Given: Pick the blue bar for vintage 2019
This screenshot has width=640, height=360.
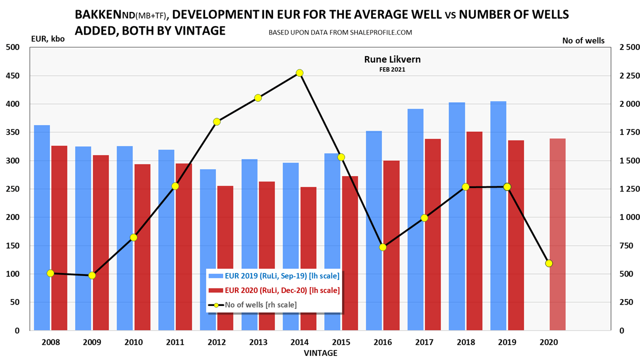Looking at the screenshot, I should pos(498,215).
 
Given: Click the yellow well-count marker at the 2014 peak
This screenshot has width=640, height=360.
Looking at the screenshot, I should pos(299,73).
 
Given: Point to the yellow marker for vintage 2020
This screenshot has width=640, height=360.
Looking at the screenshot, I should pos(549,263).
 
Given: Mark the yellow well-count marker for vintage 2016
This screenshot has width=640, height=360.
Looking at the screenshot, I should pos(383,247).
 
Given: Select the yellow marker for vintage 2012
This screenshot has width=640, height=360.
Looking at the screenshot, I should pos(216,121).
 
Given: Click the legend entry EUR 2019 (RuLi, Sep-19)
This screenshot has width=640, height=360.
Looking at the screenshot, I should pos(274,275).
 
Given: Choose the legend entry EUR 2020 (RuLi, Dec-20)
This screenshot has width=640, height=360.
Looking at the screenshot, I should pos(274,290).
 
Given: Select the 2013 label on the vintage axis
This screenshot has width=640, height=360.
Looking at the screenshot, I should pos(258,342).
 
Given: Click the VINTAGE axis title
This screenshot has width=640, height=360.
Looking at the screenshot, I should pos(320,353).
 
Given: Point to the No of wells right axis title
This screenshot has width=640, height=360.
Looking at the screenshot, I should pos(583,40).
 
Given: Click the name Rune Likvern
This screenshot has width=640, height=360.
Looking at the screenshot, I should pos(392,59).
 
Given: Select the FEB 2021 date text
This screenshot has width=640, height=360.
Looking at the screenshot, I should pos(392,69).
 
